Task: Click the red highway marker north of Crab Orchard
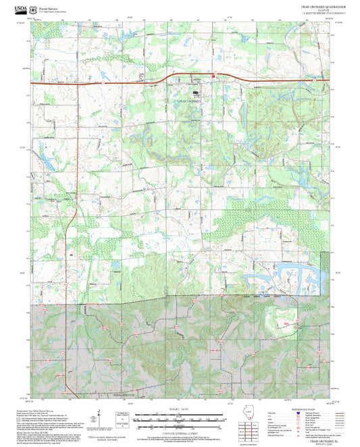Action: click(213, 76)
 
